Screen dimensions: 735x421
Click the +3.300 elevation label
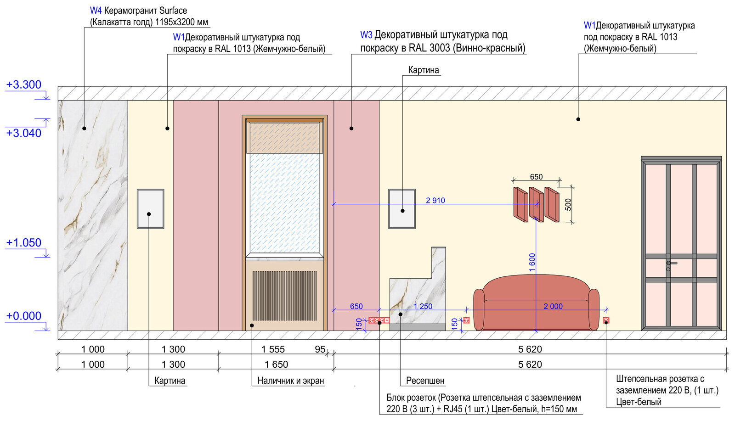pos(23,84)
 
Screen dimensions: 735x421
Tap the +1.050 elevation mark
pos(23,242)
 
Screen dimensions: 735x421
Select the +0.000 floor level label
pos(23,316)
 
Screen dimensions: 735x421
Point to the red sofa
pos(536,302)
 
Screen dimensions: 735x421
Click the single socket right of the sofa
pos(606,320)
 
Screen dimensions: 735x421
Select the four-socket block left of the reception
pos(379,320)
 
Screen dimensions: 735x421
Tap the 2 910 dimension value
pos(435,200)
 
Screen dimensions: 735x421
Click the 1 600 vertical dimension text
pos(532,262)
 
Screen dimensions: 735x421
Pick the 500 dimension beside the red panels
pos(568,205)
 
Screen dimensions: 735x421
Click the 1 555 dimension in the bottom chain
pos(273,349)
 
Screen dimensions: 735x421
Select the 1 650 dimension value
pos(276,364)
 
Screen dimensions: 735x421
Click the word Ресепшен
pos(425,381)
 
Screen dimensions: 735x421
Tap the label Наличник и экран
pos(291,381)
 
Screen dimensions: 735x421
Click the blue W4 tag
pos(96,11)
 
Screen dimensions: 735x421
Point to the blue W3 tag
pos(366,35)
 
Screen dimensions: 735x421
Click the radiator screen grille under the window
pos(284,295)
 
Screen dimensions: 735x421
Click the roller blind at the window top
pos(284,138)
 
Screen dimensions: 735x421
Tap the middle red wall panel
pos(536,205)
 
